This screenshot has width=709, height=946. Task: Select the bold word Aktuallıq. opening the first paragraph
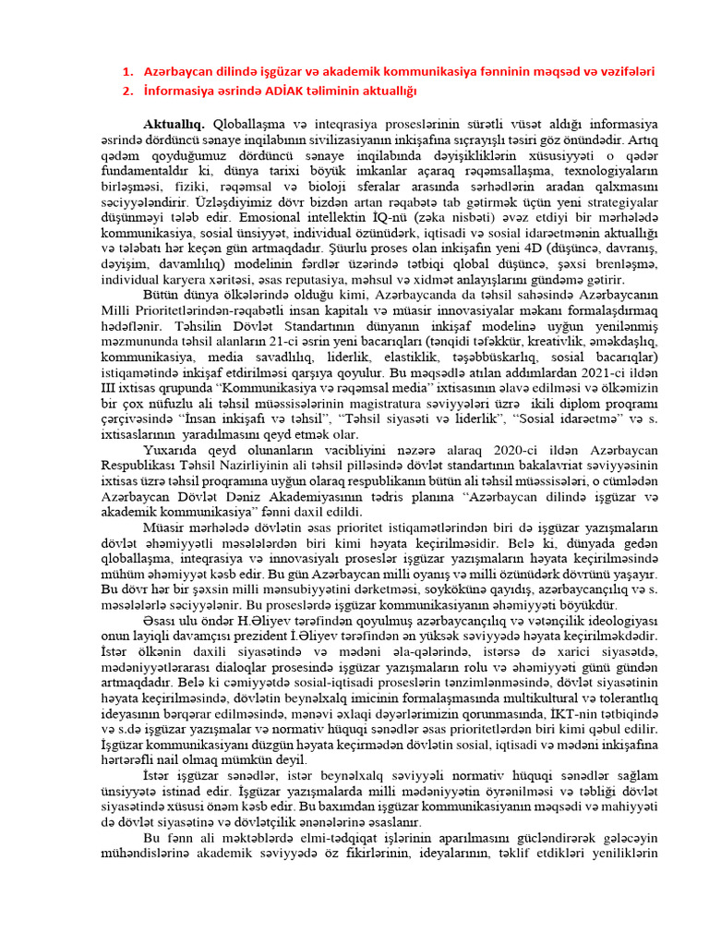pyautogui.click(x=174, y=123)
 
